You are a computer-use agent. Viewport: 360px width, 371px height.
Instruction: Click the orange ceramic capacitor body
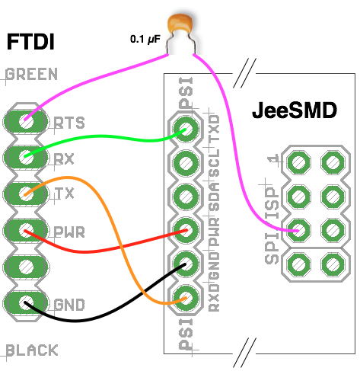[x=180, y=24]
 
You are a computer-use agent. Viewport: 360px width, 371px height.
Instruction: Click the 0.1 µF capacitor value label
[x=145, y=40]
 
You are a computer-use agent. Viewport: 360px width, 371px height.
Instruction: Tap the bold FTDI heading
[x=30, y=42]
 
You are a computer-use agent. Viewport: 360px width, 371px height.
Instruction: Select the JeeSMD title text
[x=295, y=110]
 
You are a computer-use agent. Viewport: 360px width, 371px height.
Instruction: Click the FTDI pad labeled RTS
[x=26, y=121]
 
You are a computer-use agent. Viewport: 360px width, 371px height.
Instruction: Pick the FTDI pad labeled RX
[x=26, y=158]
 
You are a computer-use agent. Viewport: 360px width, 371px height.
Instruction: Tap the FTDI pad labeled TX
[x=26, y=194]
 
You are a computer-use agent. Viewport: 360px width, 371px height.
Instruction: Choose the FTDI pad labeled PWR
[x=26, y=231]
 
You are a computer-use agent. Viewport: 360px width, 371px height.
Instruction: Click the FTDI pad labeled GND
[x=26, y=303]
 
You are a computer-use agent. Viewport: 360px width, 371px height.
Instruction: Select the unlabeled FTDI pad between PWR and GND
[x=26, y=267]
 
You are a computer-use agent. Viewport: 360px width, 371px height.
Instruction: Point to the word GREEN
[x=31, y=74]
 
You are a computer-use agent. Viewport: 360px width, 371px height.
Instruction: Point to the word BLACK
[x=32, y=350]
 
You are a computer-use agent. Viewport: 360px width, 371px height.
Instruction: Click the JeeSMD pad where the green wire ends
[x=186, y=129]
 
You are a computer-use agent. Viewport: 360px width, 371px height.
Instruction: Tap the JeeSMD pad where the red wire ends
[x=186, y=230]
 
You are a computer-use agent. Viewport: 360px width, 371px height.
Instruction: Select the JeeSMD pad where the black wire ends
[x=186, y=264]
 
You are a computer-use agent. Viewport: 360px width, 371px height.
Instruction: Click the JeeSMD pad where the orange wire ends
[x=186, y=298]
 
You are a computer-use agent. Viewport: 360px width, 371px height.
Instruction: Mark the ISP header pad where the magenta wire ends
[x=298, y=231]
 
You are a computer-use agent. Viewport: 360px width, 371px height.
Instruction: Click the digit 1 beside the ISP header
[x=273, y=160]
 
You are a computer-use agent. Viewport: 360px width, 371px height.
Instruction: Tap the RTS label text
[x=69, y=123]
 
